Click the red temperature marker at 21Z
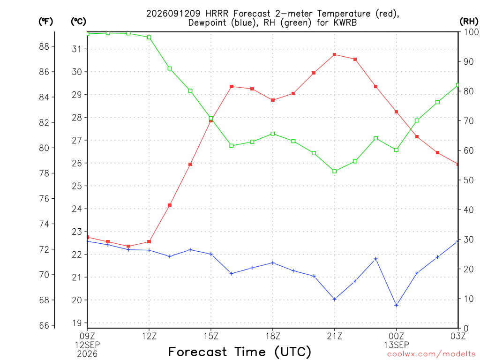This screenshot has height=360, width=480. (x=335, y=55)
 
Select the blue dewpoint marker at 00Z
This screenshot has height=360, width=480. (x=397, y=305)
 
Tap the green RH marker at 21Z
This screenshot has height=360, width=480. (x=335, y=171)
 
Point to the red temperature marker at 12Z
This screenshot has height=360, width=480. (x=149, y=241)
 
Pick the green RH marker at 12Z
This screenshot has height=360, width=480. (x=149, y=37)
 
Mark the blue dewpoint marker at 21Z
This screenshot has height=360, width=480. (x=335, y=299)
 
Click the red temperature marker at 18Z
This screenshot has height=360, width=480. (x=273, y=100)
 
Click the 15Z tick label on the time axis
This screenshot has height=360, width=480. (x=211, y=336)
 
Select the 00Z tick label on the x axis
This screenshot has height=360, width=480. (x=397, y=336)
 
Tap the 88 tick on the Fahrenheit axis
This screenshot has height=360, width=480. (x=44, y=46)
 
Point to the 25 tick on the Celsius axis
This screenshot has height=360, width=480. (x=77, y=186)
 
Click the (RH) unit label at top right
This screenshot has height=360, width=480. (x=469, y=22)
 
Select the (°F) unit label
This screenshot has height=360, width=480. (x=46, y=22)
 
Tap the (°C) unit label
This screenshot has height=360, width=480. (x=78, y=22)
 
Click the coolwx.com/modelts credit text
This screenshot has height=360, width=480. (x=431, y=354)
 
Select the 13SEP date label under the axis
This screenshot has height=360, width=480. (x=397, y=345)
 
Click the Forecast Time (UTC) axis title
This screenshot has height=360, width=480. (x=240, y=352)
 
